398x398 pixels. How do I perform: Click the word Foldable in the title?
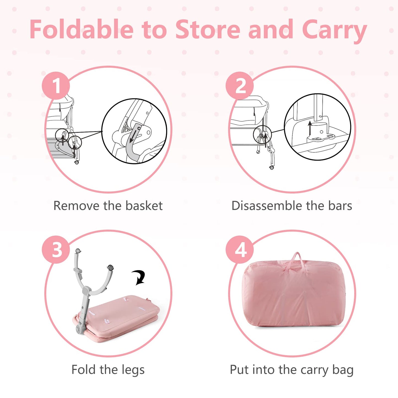pyautogui.click(x=82, y=29)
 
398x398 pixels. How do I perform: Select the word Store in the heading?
pyautogui.click(x=208, y=29)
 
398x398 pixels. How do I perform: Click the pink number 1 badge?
pyautogui.click(x=56, y=86)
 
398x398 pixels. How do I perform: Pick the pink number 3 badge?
pyautogui.click(x=56, y=250)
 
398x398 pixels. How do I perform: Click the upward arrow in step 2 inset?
pyautogui.click(x=310, y=128)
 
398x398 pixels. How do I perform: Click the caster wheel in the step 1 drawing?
pyautogui.click(x=77, y=163)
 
